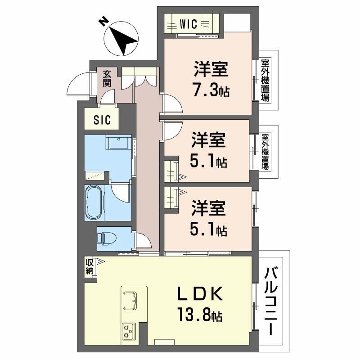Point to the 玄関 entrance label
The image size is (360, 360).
[107, 78]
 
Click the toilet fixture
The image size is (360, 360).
[108, 237]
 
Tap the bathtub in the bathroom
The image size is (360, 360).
[95, 202]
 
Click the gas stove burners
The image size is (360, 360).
[129, 332]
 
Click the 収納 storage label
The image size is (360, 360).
[90, 266]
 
